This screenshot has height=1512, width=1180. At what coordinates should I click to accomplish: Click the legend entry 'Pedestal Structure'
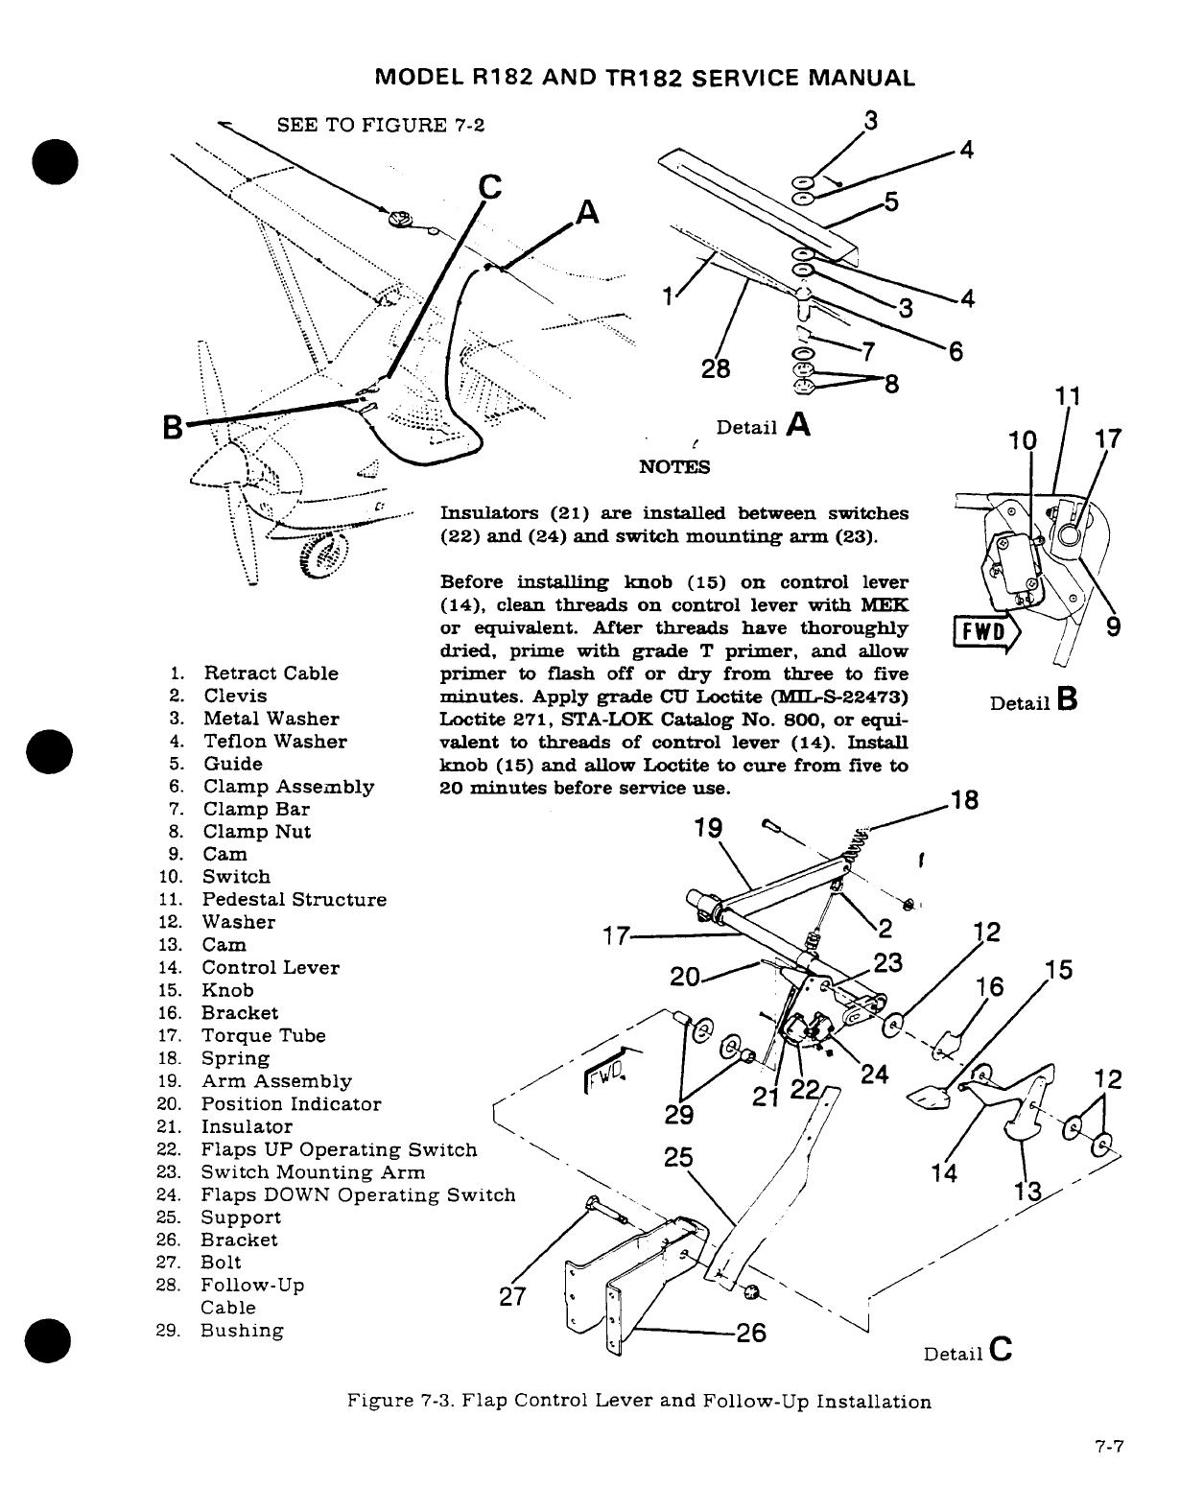[x=294, y=900]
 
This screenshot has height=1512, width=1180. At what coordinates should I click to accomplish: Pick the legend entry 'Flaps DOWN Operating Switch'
[x=358, y=1195]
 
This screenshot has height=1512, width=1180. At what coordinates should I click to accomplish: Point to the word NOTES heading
[x=674, y=467]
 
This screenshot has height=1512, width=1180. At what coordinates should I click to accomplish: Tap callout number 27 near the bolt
[x=514, y=1296]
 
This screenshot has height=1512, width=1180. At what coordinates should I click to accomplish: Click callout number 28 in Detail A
[x=715, y=368]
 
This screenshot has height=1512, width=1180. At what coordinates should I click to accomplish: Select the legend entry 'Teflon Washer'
[x=275, y=742]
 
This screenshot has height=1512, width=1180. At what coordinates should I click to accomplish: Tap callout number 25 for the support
[x=679, y=1157]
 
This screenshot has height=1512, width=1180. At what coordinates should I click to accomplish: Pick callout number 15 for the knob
[x=1058, y=970]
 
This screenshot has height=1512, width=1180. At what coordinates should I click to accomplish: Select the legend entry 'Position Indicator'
[x=291, y=1104]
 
